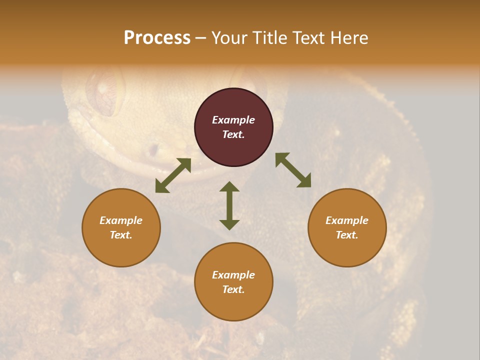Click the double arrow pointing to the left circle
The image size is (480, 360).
[x=173, y=175]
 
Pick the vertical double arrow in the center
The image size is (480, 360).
[x=229, y=205]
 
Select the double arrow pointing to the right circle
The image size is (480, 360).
[x=293, y=170]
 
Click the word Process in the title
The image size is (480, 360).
[x=157, y=37]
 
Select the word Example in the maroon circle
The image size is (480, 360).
[x=233, y=120]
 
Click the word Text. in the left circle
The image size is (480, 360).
[x=121, y=235]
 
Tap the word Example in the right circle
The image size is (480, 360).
[x=347, y=220]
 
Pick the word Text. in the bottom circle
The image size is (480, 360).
[x=233, y=289]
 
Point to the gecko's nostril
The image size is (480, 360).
[x=153, y=149]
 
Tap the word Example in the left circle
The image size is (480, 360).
[x=121, y=220]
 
